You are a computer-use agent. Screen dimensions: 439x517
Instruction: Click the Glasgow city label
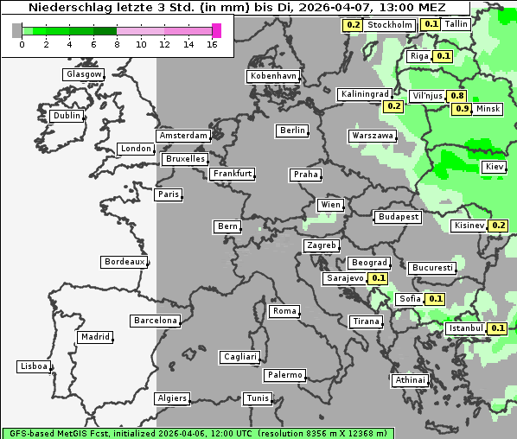[x=83, y=74]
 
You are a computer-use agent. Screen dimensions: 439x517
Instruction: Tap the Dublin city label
[x=66, y=116]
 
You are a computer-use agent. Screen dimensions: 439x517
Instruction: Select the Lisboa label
[x=35, y=366]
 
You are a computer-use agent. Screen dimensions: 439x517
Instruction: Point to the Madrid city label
[x=94, y=337]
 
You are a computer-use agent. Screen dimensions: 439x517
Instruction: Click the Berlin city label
[x=292, y=130]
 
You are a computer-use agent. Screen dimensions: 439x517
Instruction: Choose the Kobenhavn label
[x=272, y=76]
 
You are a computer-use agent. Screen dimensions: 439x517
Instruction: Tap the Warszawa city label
[x=373, y=136]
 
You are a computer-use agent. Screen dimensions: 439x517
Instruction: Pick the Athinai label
[x=410, y=380]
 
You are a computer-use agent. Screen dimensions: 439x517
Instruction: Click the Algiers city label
[x=171, y=398]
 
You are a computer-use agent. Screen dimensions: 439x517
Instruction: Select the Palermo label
[x=284, y=375]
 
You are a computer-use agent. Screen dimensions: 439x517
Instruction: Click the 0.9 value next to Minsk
[x=462, y=109]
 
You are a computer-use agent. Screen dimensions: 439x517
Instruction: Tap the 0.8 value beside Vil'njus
[x=457, y=95]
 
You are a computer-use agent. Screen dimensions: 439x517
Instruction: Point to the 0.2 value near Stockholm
[x=353, y=25]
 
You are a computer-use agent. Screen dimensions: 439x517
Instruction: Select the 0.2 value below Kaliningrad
[x=393, y=106]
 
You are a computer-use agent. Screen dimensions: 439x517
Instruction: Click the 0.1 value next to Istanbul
[x=497, y=328]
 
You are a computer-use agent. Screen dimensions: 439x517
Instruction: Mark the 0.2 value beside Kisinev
[x=498, y=226]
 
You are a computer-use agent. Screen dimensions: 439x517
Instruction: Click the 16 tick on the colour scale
[x=213, y=44]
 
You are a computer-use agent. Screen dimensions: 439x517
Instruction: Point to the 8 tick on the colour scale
[x=117, y=44]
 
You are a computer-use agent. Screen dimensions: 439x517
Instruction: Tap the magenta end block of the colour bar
[x=216, y=31]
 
